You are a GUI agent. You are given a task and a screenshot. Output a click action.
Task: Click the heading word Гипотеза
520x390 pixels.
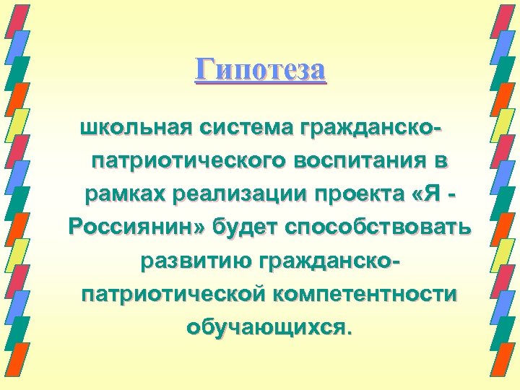click(261, 70)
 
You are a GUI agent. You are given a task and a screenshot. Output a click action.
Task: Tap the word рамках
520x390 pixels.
click(124, 195)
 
